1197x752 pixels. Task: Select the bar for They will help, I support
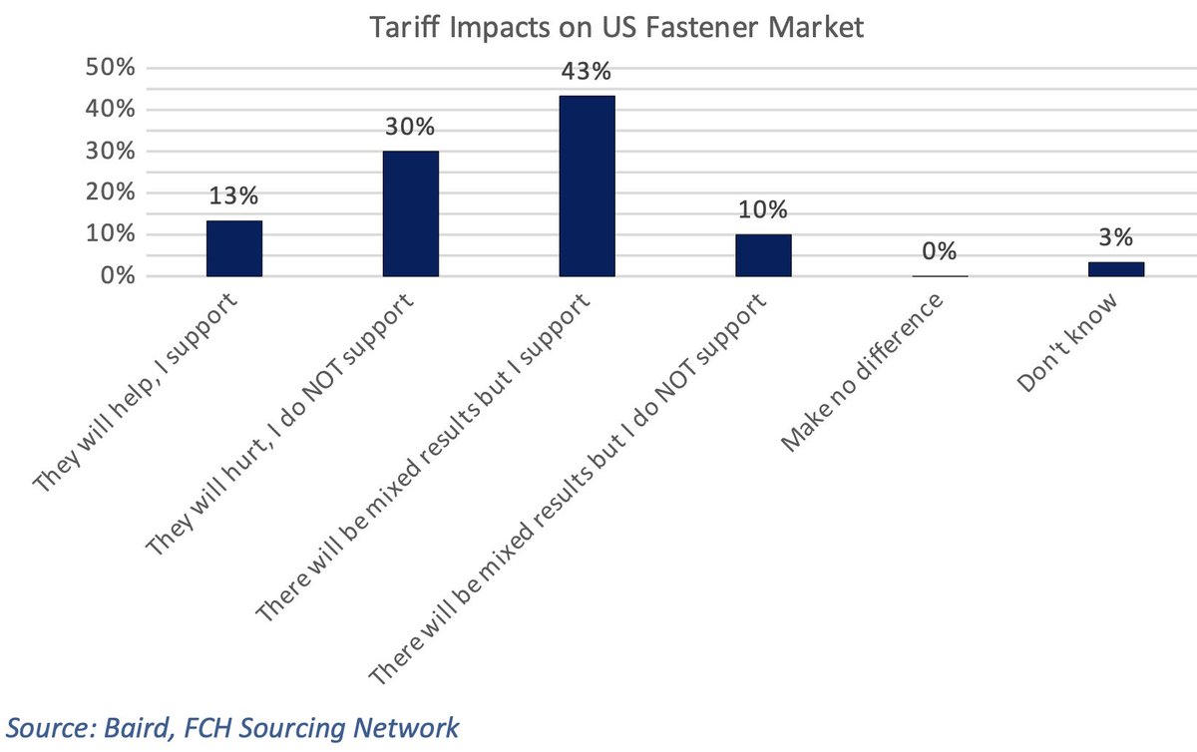click(x=234, y=248)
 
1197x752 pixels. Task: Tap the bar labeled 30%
click(x=411, y=213)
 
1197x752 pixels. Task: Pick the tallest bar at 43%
click(x=588, y=186)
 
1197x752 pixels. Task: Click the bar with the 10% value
click(x=763, y=255)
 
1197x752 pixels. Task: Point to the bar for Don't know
click(x=1116, y=269)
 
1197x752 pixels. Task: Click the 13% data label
click(x=234, y=195)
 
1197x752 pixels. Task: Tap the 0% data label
click(x=940, y=251)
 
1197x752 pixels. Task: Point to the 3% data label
click(x=1116, y=237)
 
